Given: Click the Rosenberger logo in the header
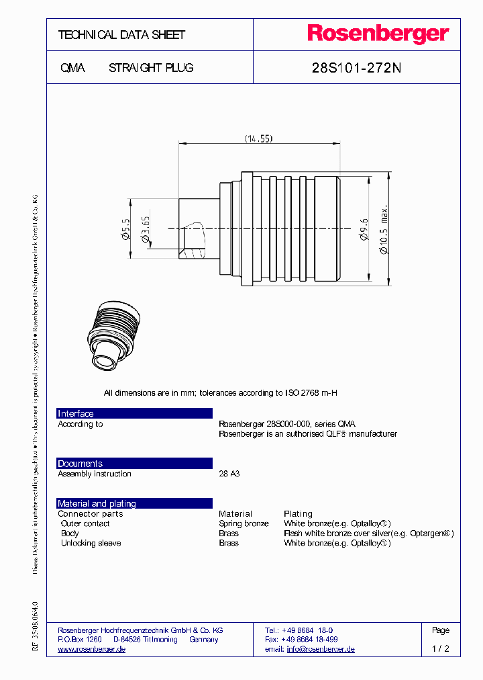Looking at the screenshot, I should point(378,34).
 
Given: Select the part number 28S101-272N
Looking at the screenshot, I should point(357,68).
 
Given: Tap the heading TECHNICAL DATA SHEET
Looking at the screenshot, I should point(121,35).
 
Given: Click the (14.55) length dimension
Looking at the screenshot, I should point(258,138).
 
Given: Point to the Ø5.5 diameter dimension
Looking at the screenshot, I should point(125,229).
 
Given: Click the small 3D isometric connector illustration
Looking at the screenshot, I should point(114,335).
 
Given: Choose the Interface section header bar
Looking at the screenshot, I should point(134,414).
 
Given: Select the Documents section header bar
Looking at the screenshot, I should point(134,464).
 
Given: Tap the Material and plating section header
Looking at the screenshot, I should point(134,503).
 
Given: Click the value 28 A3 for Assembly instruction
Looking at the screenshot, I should point(229,474).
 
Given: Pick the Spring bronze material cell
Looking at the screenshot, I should point(244,523).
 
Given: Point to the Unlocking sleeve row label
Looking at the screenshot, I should point(91,543).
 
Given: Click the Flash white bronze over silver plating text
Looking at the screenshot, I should point(368,534).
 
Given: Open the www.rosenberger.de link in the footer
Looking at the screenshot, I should point(92,649).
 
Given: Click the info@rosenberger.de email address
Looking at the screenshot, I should point(321,649).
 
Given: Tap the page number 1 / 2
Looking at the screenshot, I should point(441,649).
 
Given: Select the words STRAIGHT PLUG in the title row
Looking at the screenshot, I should point(151,68).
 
